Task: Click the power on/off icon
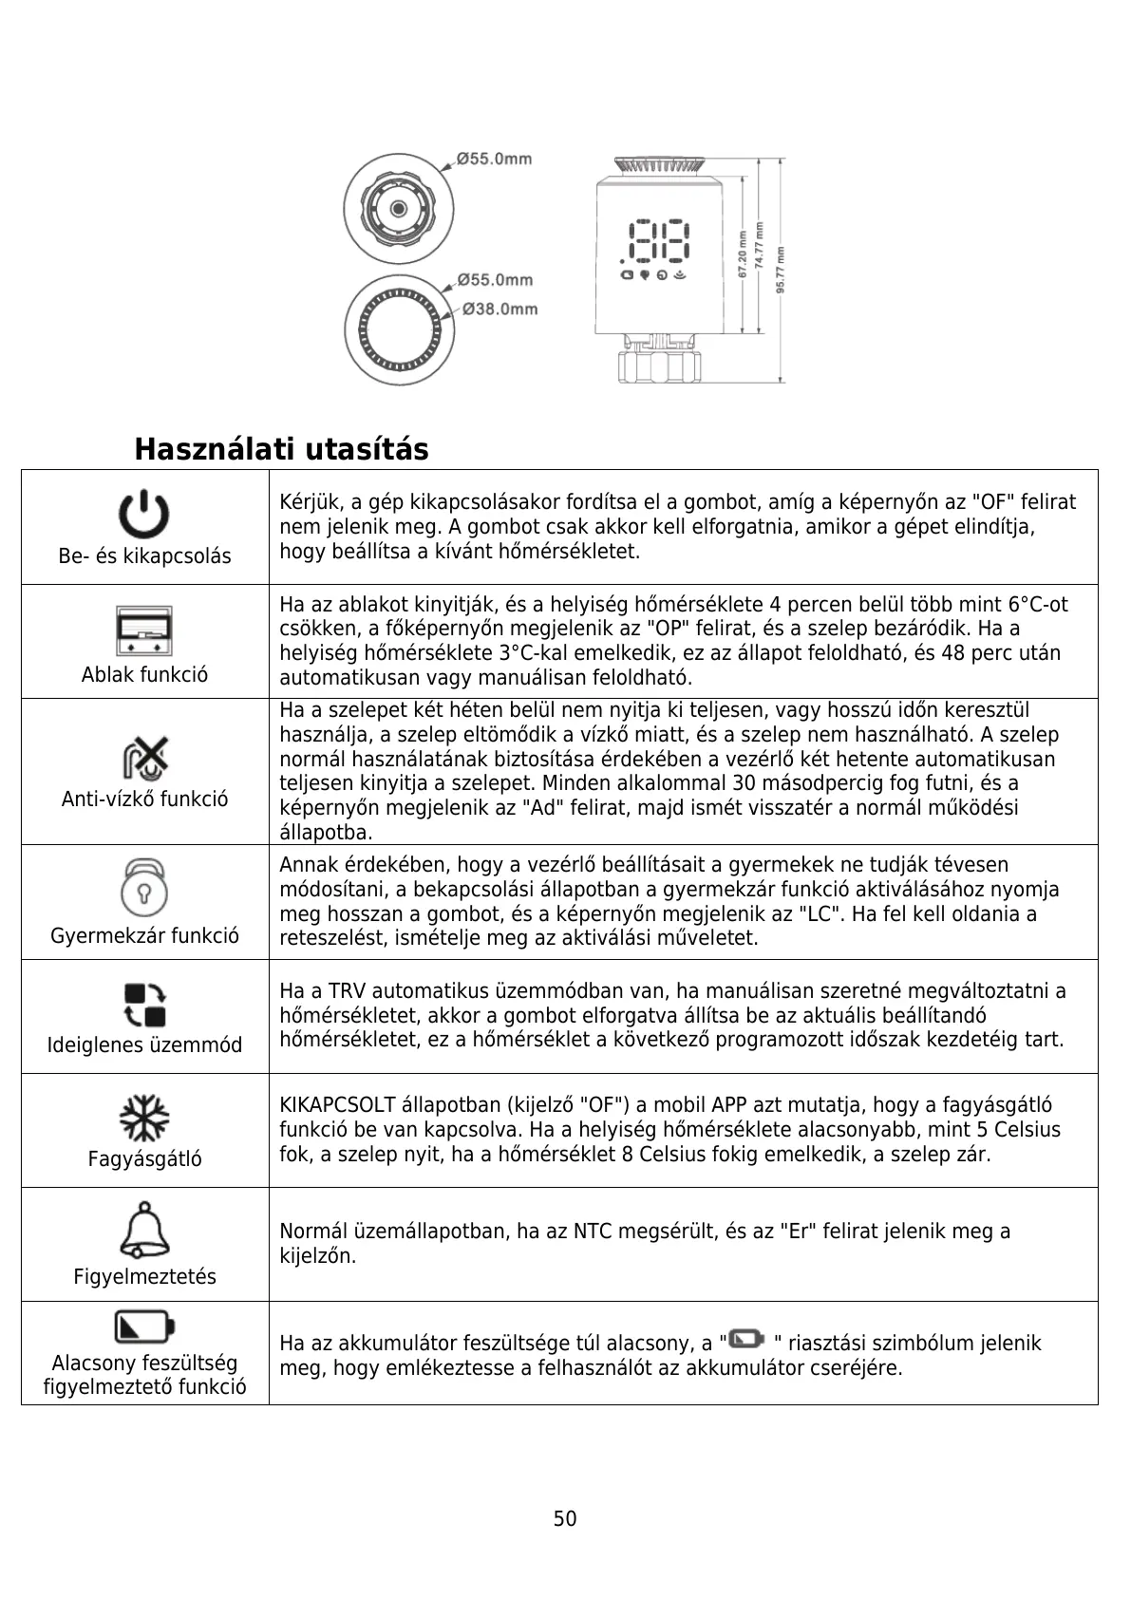[x=143, y=516]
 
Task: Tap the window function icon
[x=144, y=630]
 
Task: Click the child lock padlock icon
[x=144, y=887]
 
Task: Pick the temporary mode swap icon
[x=145, y=1005]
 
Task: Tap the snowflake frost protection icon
[x=144, y=1118]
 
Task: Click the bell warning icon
[x=144, y=1230]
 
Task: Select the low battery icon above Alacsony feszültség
[x=144, y=1326]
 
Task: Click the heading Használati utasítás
[x=281, y=449]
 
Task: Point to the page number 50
[x=565, y=1518]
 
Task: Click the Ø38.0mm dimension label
[x=500, y=309]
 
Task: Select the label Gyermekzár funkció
[x=144, y=936]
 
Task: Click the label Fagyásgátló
[x=144, y=1159]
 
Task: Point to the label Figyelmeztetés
[x=144, y=1277]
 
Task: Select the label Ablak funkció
[x=144, y=675]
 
